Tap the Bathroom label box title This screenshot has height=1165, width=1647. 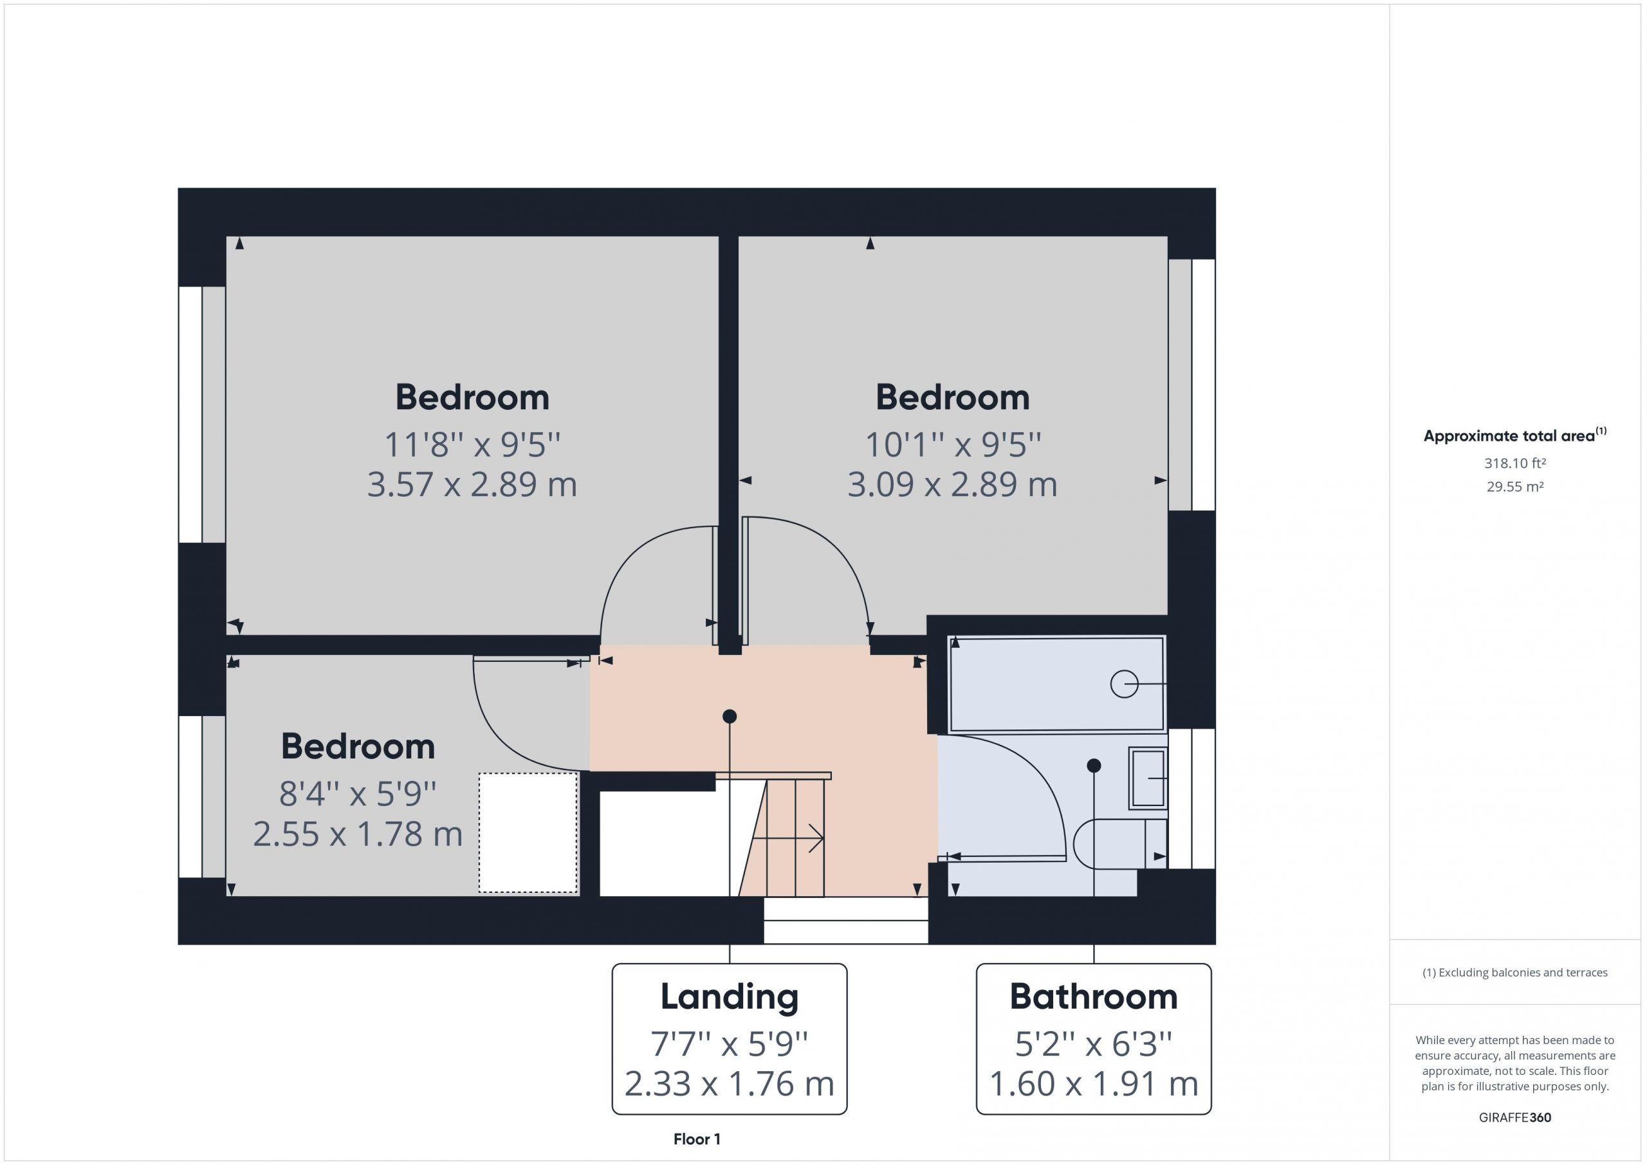coord(1094,996)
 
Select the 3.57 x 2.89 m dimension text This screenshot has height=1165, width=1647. coord(472,484)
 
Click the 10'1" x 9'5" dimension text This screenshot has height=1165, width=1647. coord(953,445)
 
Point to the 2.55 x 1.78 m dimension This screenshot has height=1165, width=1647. coord(358,834)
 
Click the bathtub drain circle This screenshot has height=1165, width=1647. coord(1124,684)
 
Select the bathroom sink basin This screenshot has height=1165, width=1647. coord(1148,778)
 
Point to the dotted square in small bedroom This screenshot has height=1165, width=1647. coord(528,833)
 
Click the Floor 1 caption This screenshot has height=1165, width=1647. coord(697,1139)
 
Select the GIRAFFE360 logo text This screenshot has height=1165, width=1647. coord(1515,1117)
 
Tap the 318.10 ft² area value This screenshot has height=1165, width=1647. coord(1515,463)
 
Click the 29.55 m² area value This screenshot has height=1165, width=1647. coord(1515,486)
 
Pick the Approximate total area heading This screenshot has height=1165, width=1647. coord(1515,435)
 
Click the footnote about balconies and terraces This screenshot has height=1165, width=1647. coord(1515,973)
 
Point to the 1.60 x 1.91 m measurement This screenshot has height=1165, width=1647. coord(1094,1084)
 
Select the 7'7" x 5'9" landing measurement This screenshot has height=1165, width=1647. coord(730,1045)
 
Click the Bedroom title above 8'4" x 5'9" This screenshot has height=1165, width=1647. coord(358,747)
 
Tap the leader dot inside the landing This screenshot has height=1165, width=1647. coord(730,716)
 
